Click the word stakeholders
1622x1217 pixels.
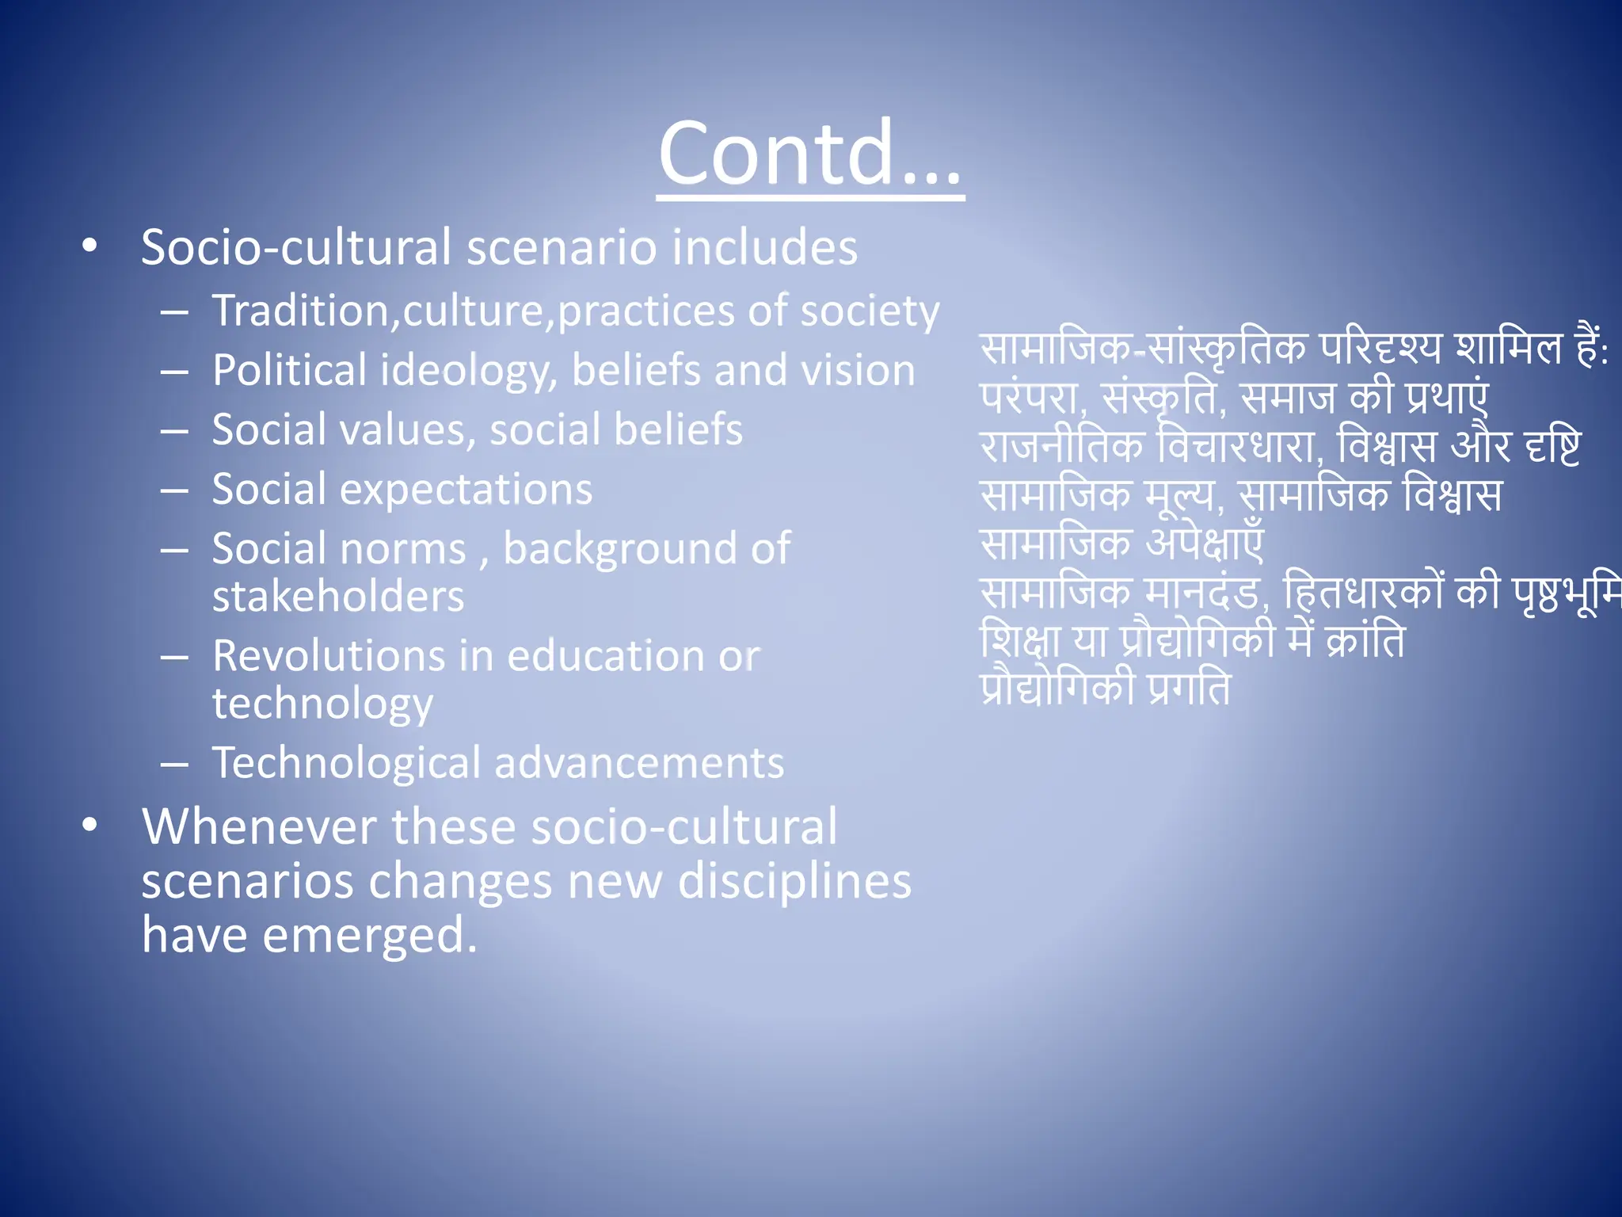coord(338,596)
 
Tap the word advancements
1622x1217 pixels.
coord(638,763)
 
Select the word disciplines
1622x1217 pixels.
coord(794,882)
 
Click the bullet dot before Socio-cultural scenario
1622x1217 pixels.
coord(89,246)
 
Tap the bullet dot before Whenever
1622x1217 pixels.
coord(89,826)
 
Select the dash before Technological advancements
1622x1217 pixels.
coord(174,764)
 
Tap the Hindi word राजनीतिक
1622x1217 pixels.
coord(1061,447)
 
